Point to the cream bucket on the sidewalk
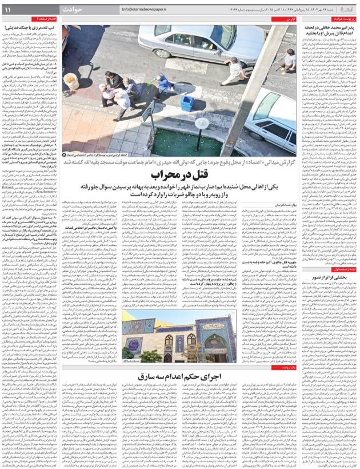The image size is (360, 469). pos(71,81)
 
